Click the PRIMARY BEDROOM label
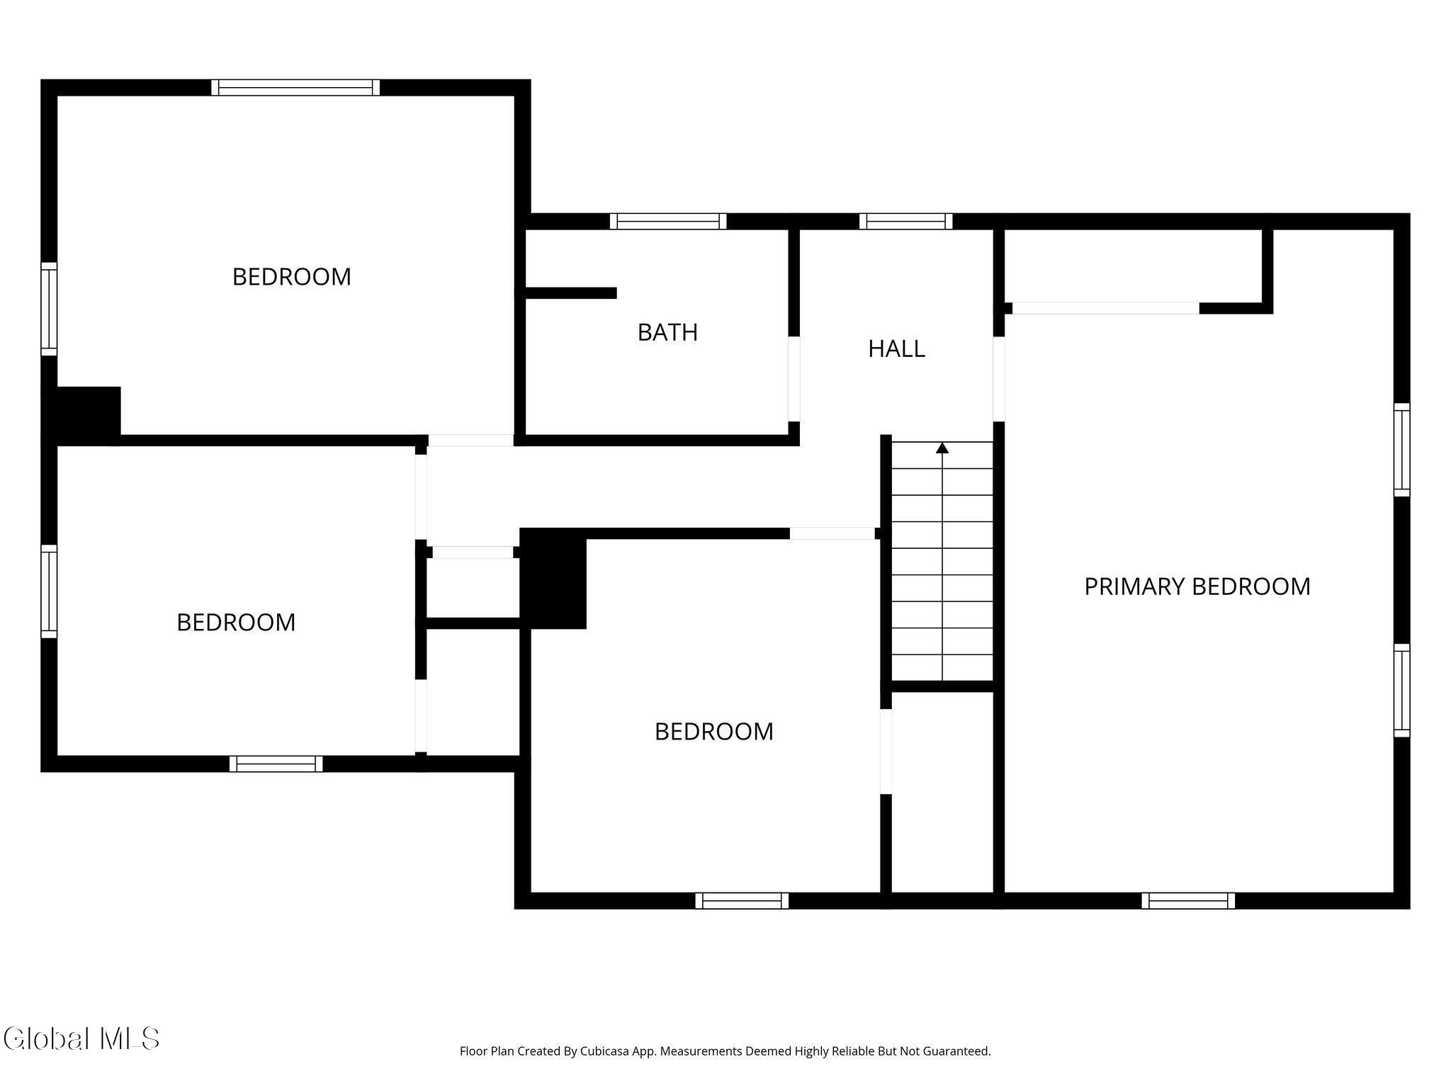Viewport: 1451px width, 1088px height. (x=1197, y=586)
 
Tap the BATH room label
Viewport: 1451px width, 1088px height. (x=667, y=332)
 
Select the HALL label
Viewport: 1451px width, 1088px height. (x=896, y=348)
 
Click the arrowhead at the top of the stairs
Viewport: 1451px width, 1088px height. (x=942, y=448)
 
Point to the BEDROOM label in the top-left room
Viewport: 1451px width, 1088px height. (x=292, y=276)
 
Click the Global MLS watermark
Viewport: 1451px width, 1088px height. (x=81, y=1038)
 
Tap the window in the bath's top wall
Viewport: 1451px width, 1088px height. (x=668, y=221)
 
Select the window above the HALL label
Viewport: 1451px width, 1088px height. (x=905, y=221)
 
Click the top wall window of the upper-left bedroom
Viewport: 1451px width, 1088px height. (x=295, y=87)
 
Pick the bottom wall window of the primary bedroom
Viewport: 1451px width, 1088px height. (x=1188, y=900)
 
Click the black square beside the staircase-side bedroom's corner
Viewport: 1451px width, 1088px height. (x=553, y=578)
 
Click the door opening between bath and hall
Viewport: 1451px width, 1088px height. (x=794, y=379)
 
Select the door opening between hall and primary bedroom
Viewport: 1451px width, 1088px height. (x=999, y=379)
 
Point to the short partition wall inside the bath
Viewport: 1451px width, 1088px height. (x=570, y=293)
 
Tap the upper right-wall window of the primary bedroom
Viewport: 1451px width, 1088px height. (x=1401, y=450)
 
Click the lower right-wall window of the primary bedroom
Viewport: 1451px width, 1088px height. (x=1401, y=691)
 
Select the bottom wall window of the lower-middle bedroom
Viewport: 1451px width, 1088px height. (x=742, y=900)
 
